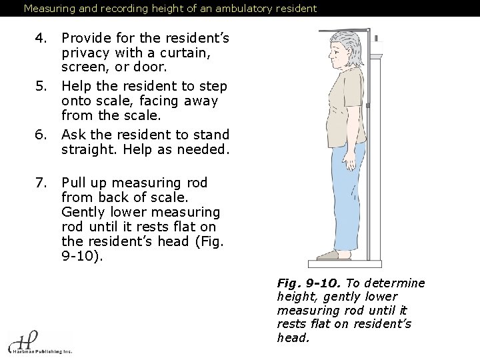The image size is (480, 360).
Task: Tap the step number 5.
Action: coord(41,86)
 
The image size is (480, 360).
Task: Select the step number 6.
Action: coord(41,134)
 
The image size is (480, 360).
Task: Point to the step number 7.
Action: coord(41,182)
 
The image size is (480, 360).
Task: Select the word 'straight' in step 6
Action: coord(88,149)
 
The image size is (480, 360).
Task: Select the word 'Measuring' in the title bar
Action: coord(49,9)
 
